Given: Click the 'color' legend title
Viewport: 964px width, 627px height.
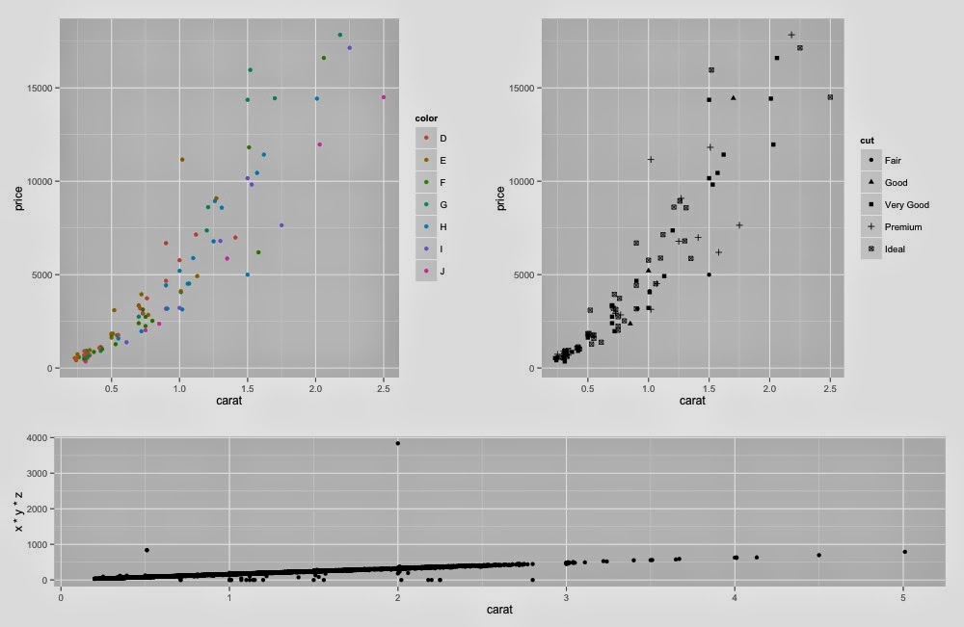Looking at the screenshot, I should coord(426,118).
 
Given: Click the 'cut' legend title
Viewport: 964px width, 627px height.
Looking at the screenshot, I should coord(867,141).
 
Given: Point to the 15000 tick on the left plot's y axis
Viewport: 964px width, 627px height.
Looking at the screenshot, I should coord(40,89).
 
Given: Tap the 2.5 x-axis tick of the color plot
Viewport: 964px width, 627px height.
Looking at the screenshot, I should coord(384,388).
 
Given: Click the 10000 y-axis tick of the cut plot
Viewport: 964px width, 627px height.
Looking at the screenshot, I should coord(522,181).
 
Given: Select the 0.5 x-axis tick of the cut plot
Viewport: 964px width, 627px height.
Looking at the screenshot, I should coord(588,388).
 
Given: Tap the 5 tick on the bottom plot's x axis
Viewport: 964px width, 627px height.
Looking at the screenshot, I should coord(903,597).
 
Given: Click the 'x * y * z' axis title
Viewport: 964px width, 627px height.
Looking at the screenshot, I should coord(17,509).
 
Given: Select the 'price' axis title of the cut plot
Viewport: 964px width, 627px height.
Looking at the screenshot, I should coord(499,196).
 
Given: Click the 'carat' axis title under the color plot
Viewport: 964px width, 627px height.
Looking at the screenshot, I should coord(228,400).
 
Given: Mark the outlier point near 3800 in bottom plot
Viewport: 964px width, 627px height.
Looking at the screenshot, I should coord(397,443).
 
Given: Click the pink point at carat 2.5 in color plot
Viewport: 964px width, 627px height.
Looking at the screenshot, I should coord(384,97).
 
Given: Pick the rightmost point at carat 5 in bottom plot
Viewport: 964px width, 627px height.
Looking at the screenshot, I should coord(904,552).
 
